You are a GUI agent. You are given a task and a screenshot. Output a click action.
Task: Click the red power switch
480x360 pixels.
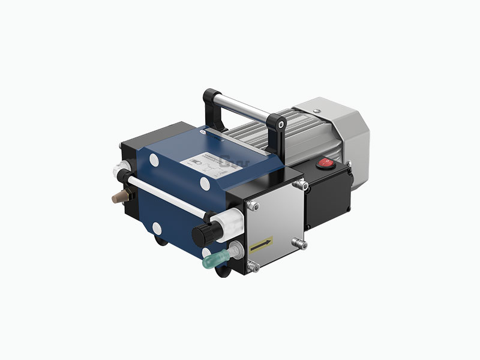click(323, 163)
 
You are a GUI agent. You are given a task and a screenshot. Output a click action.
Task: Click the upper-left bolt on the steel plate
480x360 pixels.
click(253, 206)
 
